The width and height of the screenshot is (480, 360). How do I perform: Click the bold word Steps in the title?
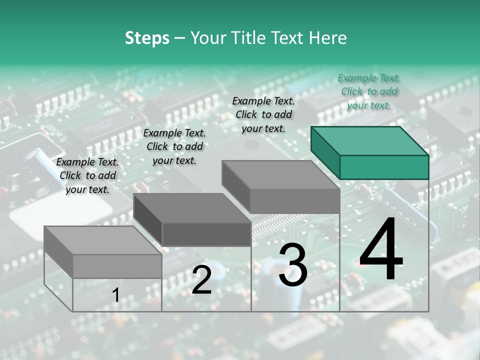point(147,38)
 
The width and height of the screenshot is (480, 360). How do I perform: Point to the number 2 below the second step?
point(201,280)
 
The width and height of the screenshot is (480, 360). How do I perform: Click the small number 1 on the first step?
point(115,295)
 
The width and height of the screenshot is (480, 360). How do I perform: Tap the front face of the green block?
point(384,167)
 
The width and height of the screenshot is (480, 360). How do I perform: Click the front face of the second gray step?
point(206,234)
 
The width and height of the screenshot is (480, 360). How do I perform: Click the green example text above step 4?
point(369,91)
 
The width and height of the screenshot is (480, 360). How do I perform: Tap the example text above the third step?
point(263,114)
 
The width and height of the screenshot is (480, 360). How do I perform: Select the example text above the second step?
point(174,146)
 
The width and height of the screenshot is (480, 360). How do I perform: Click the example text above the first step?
point(87,175)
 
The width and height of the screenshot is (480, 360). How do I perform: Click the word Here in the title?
point(327,38)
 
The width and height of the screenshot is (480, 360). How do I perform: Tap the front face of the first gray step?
point(117,266)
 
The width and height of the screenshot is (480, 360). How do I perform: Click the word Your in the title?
point(208,38)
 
